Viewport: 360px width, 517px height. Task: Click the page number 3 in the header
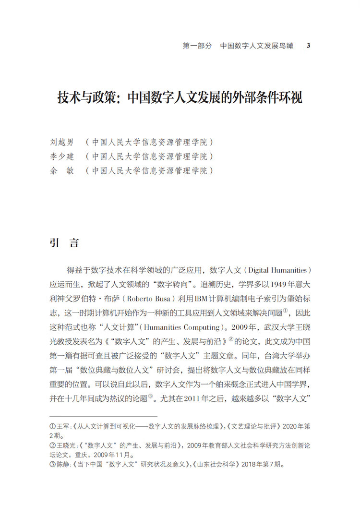click(309, 46)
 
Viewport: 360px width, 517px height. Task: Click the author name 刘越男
click(62, 143)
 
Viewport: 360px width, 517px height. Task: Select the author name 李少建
click(62, 156)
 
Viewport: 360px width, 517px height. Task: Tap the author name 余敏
click(62, 170)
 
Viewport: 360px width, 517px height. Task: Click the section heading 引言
click(64, 242)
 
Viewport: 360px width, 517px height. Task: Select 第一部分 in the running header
click(197, 46)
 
